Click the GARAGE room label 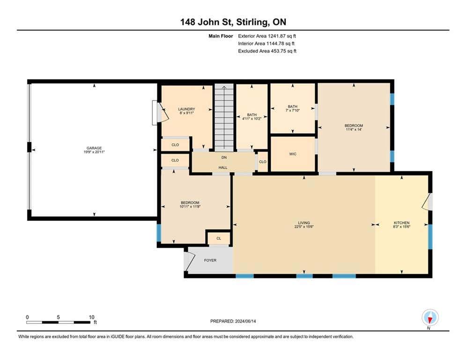pos(94,148)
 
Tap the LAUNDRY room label pos(186,109)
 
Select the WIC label pos(293,154)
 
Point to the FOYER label pos(210,260)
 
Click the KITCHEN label pos(401,223)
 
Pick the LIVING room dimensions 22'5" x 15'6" pos(304,226)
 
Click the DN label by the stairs pos(224,157)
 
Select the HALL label pos(223,167)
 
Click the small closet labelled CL pos(219,238)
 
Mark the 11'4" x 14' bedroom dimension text pos(354,129)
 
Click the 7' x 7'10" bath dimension pos(292,110)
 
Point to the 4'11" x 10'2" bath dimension pos(251,119)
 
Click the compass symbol pos(430,318)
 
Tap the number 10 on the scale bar pos(91,317)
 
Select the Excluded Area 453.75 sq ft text pos(267,51)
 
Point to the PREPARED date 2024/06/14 pos(245,321)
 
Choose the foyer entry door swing pos(189,261)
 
